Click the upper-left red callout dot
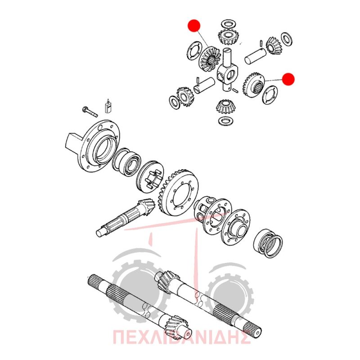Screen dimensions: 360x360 194,25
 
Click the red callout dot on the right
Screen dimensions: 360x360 288,79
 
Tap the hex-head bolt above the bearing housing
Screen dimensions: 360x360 90,111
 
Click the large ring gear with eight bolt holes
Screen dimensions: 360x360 178,193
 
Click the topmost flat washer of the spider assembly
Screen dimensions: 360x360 228,24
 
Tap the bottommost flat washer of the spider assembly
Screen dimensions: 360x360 226,121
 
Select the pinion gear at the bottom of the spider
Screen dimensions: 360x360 224,107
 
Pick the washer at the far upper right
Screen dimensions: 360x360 287,39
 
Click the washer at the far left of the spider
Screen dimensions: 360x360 174,102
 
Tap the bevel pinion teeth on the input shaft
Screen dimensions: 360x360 144,207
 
